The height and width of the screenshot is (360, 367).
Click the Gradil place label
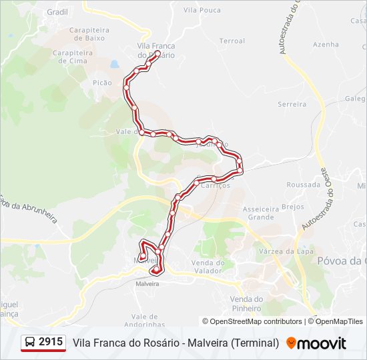[58, 12]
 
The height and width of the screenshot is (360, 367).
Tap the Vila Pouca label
[202, 10]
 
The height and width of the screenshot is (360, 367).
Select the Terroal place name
[232, 41]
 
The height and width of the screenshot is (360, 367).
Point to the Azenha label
[326, 45]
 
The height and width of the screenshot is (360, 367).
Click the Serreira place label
[292, 104]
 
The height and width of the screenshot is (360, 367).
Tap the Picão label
[103, 83]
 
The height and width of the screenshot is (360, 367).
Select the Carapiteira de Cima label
[73, 56]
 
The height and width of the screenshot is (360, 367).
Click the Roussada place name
[303, 185]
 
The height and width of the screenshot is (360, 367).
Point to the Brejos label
[292, 207]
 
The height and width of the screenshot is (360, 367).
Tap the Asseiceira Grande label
[261, 213]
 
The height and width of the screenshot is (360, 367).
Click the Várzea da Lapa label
[286, 251]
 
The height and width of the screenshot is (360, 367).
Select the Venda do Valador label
[206, 267]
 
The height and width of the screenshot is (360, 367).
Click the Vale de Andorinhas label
[147, 320]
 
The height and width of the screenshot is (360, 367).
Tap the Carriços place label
[216, 185]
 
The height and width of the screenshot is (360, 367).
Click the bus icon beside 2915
[30, 343]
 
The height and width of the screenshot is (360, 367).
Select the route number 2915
[51, 342]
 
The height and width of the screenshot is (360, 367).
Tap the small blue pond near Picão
[114, 65]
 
